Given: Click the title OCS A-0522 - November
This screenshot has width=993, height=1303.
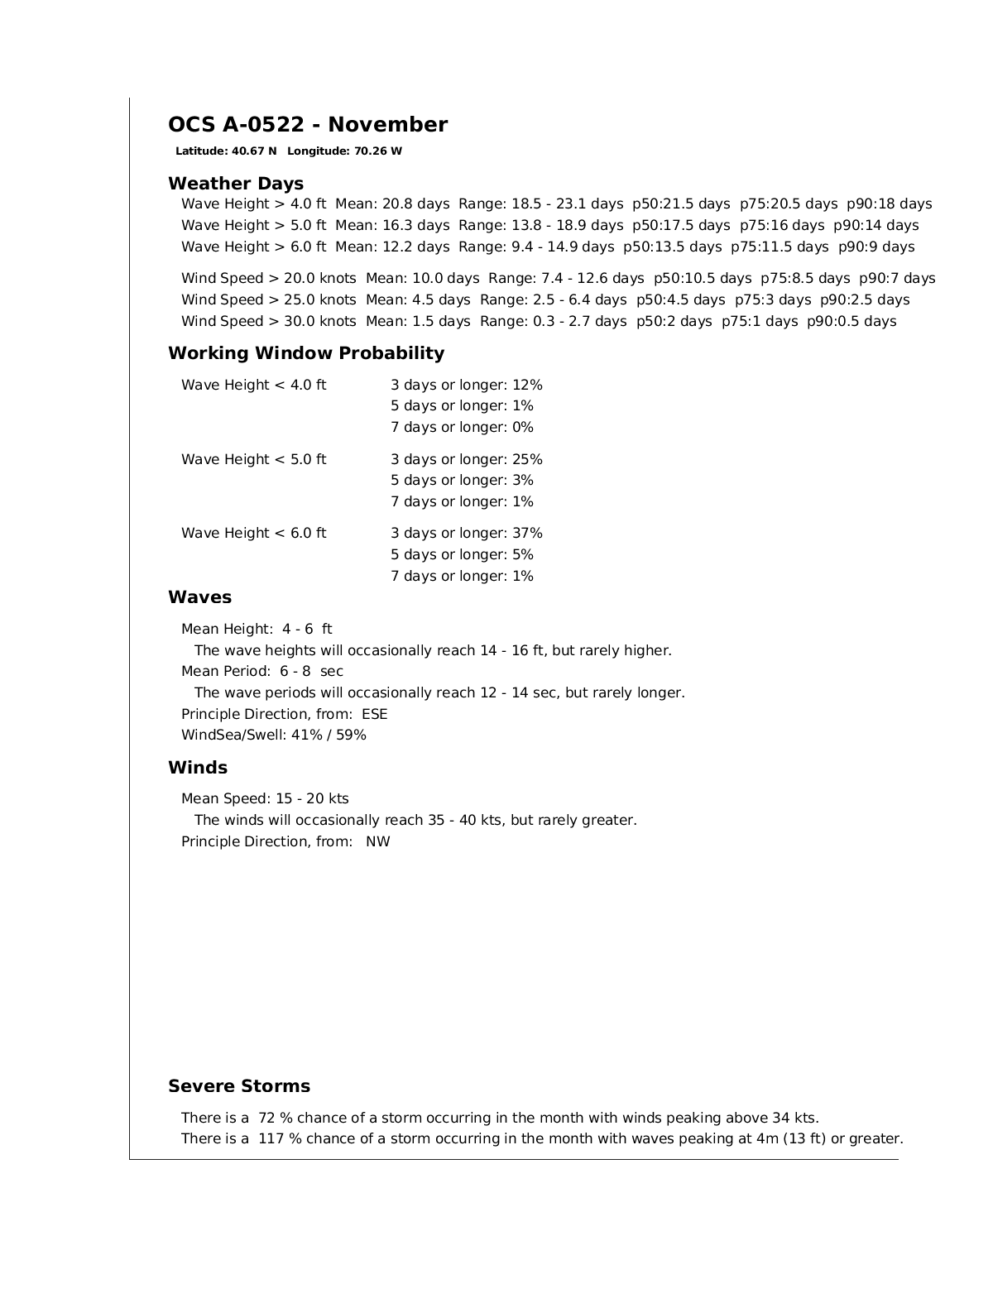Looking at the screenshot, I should point(307,125).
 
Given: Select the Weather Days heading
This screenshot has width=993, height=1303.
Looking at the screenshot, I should point(235,184).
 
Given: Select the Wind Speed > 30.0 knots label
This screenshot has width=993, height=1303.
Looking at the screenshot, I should point(268,322).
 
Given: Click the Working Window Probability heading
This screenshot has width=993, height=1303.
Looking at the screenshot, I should point(305,353).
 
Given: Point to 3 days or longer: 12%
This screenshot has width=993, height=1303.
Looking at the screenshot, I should point(466,386).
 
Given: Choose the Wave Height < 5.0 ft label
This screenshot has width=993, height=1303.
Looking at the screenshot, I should point(253,460).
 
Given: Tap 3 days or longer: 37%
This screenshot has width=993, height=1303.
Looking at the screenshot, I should point(466,534).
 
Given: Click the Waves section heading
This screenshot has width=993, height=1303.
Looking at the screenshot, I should point(199,597).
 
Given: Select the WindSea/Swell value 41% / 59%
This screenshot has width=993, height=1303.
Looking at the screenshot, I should point(328,735).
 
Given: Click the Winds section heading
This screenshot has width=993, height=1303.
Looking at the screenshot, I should point(197,768).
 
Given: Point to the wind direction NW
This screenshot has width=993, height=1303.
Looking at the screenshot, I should point(377,842).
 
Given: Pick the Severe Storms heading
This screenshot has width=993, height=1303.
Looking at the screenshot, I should point(238,1086).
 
